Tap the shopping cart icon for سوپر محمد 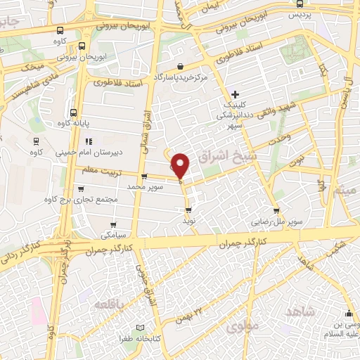144,177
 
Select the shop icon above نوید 188,210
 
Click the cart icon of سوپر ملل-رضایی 276,210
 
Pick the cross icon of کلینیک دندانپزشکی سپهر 235,94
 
